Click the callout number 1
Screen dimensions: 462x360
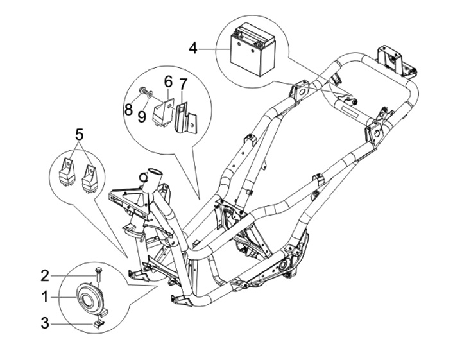45,297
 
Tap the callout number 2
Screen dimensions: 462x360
45,276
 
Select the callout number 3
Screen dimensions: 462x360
45,323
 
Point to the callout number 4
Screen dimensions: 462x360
193,49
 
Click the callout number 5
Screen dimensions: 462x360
80,135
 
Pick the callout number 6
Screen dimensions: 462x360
168,81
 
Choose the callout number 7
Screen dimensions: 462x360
183,85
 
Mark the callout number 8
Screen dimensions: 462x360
128,110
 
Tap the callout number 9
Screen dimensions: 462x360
142,117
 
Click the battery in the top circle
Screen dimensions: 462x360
253,50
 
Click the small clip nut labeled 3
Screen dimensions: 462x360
98,323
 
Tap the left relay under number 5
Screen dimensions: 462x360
66,173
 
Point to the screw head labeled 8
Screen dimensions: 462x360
142,89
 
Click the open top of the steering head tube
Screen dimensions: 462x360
155,171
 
